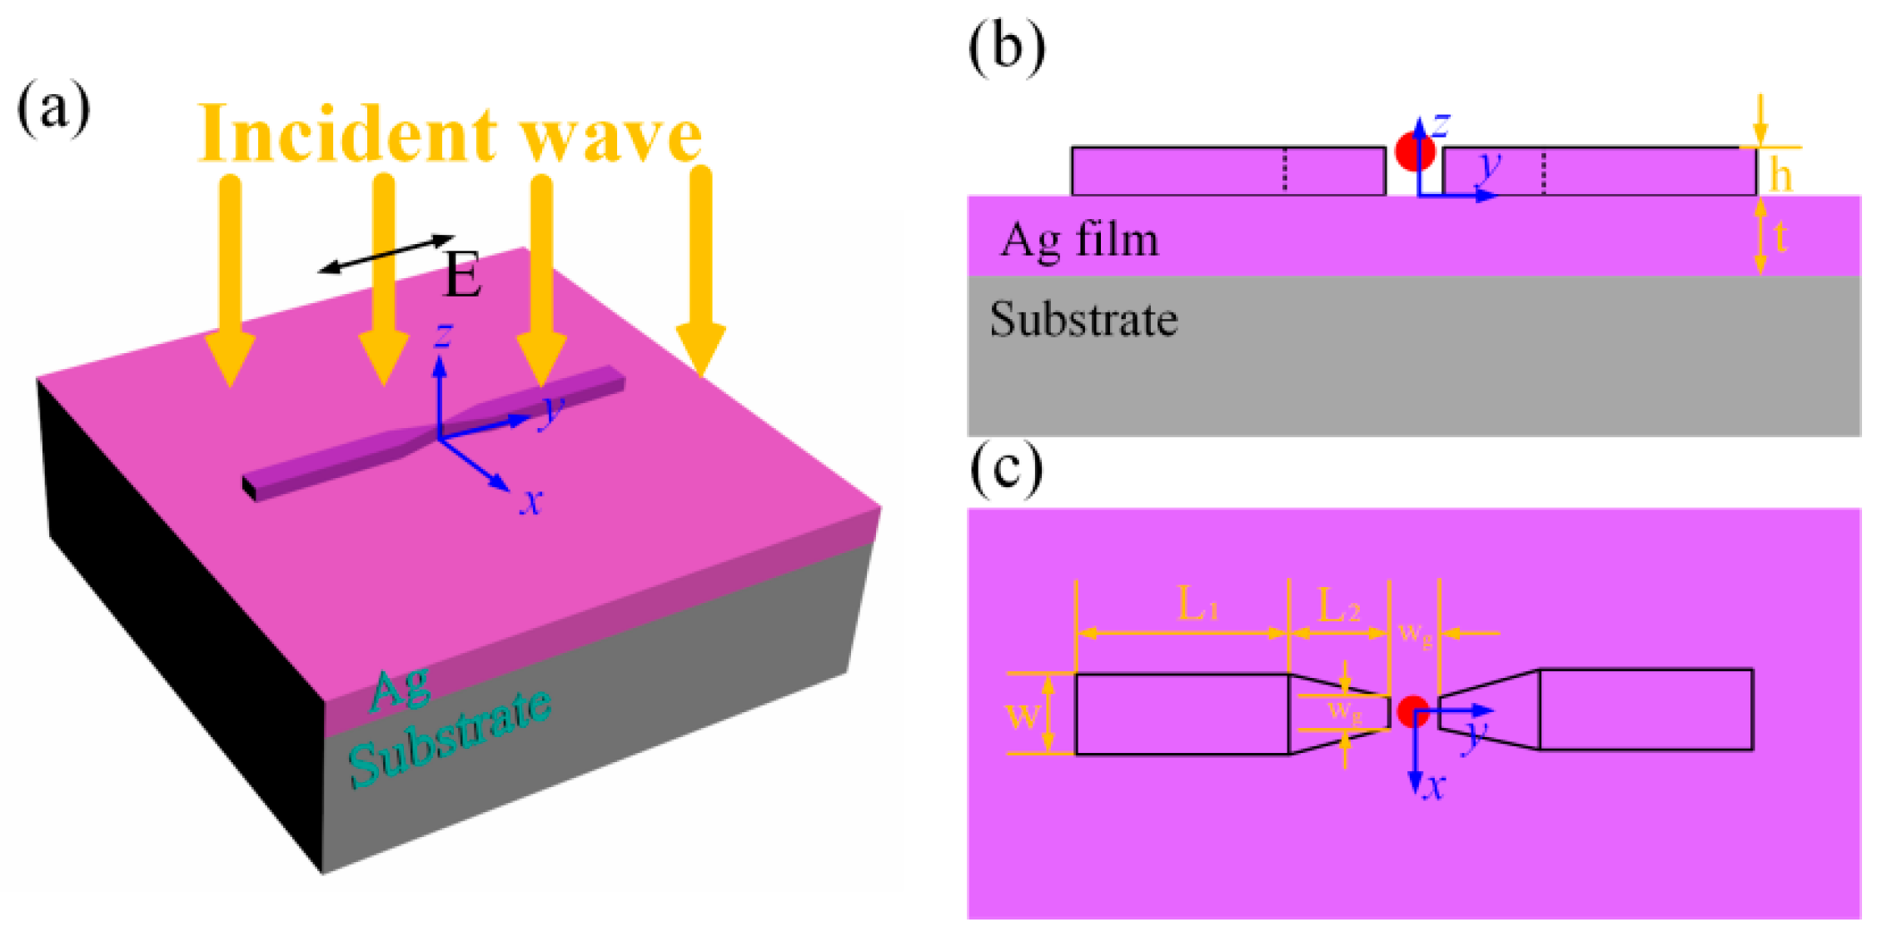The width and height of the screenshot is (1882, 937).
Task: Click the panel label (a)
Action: (x=53, y=109)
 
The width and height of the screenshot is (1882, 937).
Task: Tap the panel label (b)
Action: (x=1006, y=47)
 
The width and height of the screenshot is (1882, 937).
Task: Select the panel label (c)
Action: (x=1006, y=471)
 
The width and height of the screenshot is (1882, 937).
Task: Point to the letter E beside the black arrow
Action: (x=462, y=276)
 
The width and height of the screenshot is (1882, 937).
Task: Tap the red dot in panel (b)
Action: (x=1413, y=151)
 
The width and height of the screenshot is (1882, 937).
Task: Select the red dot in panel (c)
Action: (x=1412, y=712)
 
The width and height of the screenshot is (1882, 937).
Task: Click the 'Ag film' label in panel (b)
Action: (x=1079, y=240)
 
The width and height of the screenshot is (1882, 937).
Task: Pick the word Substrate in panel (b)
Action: (x=1083, y=320)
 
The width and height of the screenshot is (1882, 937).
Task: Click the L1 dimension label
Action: (x=1197, y=604)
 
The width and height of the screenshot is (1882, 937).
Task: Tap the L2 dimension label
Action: (x=1338, y=606)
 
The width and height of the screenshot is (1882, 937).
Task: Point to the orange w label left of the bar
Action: (x=1023, y=715)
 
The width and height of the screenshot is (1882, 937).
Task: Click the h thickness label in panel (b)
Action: (x=1780, y=174)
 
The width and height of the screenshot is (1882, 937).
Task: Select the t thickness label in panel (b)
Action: (x=1780, y=238)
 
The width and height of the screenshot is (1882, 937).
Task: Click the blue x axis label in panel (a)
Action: (x=530, y=501)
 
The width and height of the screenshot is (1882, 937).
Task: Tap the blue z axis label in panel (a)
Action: (x=444, y=335)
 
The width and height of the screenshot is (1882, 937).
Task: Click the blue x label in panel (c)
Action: (x=1433, y=785)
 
